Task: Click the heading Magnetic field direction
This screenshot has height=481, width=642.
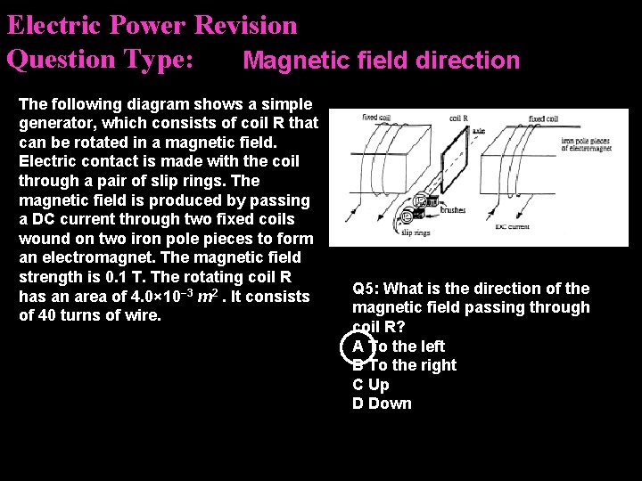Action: [381, 61]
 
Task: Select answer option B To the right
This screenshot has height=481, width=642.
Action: [404, 365]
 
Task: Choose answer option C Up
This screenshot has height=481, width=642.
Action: [371, 385]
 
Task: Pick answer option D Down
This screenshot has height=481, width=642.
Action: [382, 404]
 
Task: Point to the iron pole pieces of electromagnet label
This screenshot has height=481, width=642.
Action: [591, 144]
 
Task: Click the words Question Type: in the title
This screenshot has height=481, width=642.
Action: [100, 60]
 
